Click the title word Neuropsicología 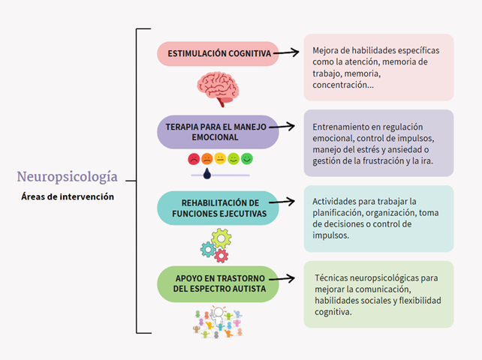[68, 177]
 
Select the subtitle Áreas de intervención [68, 196]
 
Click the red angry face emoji [194, 159]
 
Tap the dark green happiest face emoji [247, 159]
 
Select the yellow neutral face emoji [220, 159]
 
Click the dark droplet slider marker [207, 174]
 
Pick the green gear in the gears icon [221, 238]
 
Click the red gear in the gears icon [221, 256]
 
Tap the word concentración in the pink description [342, 85]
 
